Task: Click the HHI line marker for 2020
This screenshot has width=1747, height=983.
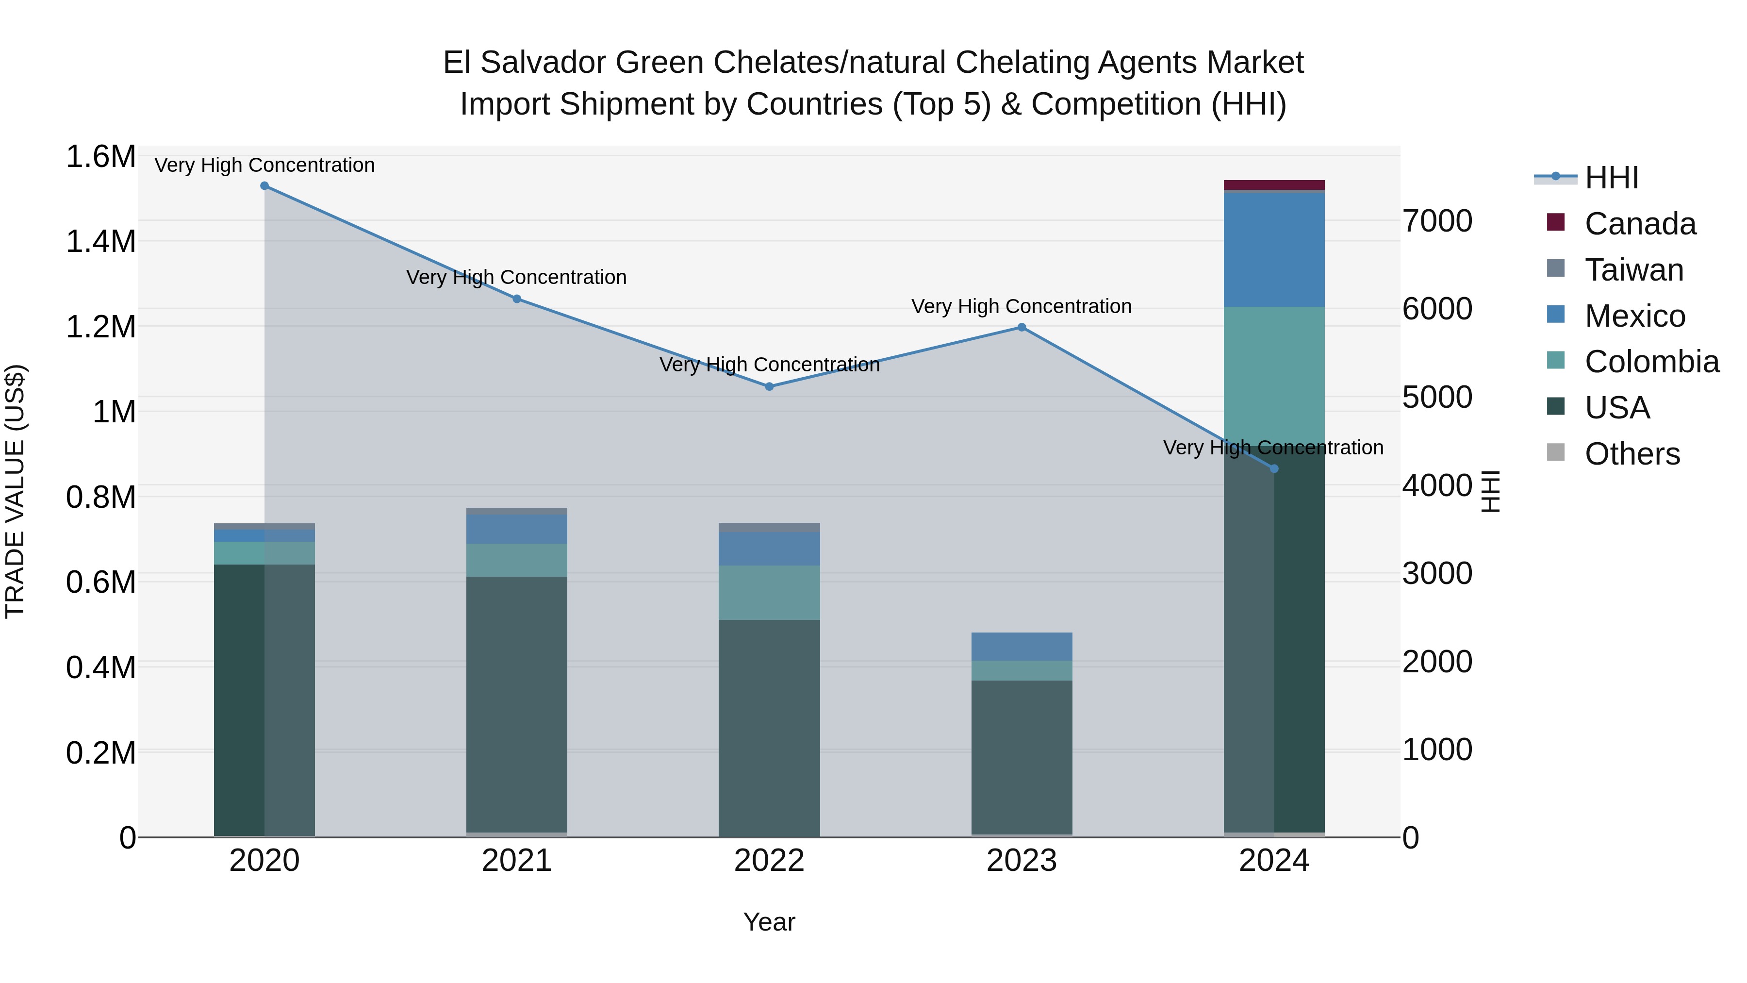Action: [264, 186]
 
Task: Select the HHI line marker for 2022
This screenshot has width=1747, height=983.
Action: [769, 387]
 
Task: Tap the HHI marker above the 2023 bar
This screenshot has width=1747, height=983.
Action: [1022, 328]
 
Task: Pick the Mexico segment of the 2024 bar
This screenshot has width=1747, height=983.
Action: [1274, 250]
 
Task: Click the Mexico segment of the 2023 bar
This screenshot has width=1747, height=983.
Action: [1022, 647]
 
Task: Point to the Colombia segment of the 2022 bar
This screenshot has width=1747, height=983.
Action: [769, 592]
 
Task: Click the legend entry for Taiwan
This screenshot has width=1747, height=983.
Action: [1634, 270]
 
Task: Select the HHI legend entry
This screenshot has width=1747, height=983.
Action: [1611, 178]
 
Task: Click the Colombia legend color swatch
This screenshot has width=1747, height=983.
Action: [1556, 360]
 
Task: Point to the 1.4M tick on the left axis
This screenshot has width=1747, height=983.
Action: [100, 242]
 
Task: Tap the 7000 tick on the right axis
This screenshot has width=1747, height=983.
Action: [1437, 221]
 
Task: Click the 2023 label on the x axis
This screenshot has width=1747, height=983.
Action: [1022, 861]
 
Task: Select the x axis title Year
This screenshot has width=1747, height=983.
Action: [769, 922]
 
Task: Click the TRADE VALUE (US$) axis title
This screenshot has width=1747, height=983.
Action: [15, 491]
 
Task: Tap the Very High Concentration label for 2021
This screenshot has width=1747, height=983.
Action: [517, 278]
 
